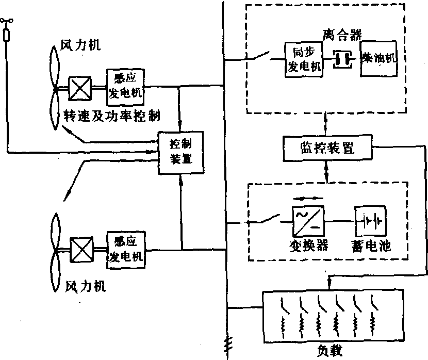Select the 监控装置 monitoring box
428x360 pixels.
point(326,148)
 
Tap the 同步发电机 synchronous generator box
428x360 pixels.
point(304,59)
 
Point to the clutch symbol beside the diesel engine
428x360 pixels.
point(341,58)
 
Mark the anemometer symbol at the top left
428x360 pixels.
point(8,22)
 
